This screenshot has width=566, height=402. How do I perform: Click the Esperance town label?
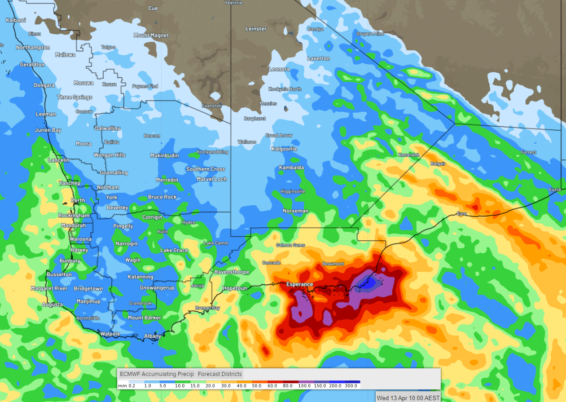300,284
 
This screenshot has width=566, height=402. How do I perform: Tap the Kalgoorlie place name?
284,149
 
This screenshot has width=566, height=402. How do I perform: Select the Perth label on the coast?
78,200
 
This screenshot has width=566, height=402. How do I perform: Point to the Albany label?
153,336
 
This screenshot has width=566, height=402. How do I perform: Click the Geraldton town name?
32,65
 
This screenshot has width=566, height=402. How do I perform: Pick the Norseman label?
295,211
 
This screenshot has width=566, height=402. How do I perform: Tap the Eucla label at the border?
555,190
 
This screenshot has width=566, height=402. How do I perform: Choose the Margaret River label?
48,288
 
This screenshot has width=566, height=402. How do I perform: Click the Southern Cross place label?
206,169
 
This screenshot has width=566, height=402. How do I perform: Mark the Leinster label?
256,29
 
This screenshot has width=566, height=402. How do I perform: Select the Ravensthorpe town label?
232,272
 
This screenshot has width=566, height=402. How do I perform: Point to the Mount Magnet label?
151,35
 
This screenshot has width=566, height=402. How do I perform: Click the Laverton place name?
319,59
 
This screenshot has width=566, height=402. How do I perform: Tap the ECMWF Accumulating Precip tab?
156,374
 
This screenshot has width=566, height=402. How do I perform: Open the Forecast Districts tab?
220,374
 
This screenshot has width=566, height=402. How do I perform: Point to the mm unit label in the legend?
122,386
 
